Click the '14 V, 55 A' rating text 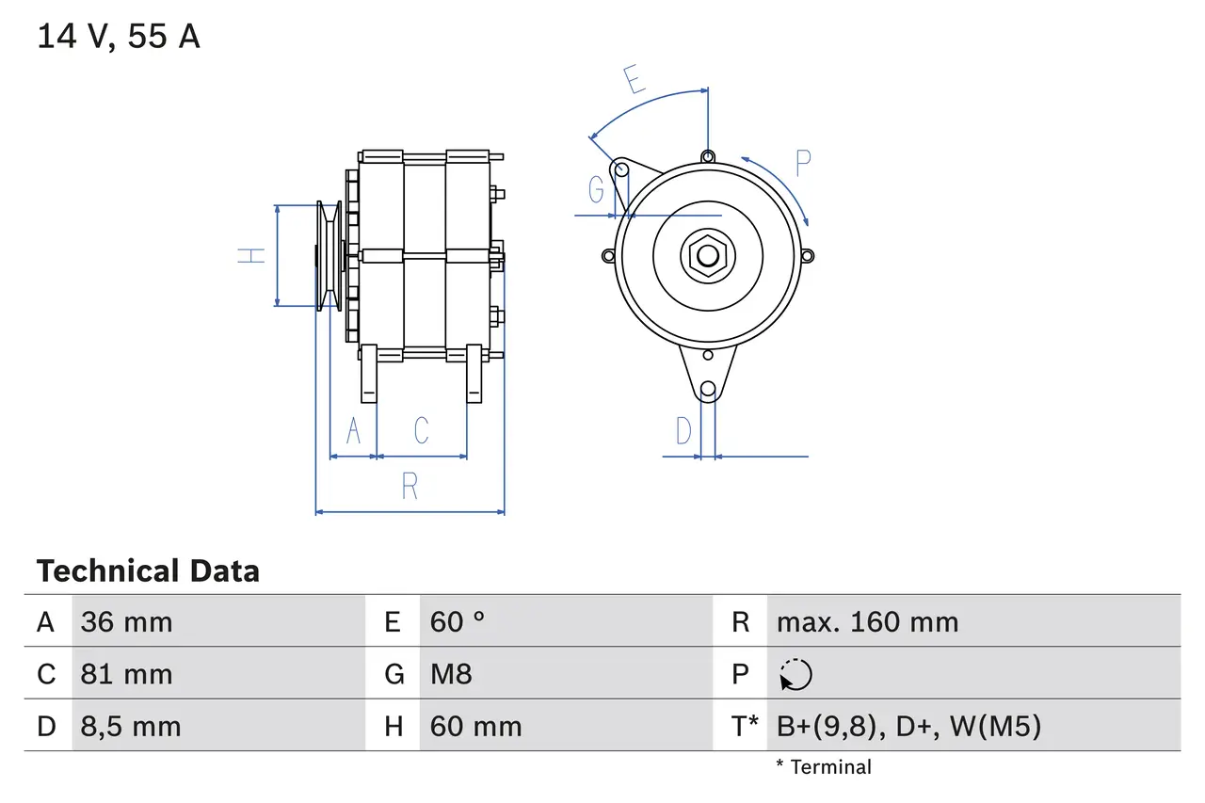coord(119,37)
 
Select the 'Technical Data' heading coord(148,571)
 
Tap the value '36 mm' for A coord(126,622)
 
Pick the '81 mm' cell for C coord(126,674)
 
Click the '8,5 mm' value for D coord(130,727)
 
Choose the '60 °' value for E coord(458,622)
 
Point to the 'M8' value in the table coord(451,674)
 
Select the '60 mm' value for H coord(475,727)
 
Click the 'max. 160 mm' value coord(867,622)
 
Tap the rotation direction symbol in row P coord(795,675)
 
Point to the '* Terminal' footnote coord(824,767)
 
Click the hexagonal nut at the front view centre coord(707,255)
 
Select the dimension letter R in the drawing coord(410,487)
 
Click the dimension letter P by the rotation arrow coord(802,164)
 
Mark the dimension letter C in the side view coord(422,430)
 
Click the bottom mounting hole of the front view coord(708,389)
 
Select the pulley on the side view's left coord(329,255)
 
